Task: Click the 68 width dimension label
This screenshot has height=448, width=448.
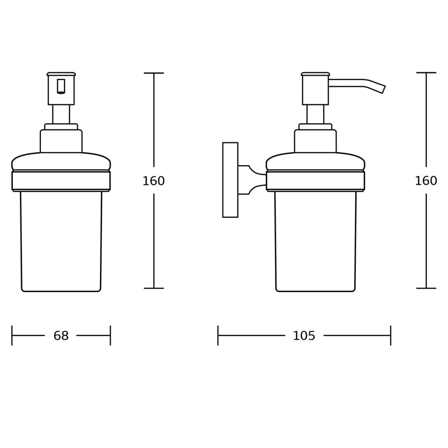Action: point(61,336)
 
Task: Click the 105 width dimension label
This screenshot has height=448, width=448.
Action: point(304,336)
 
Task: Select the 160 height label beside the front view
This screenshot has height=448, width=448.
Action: point(153,181)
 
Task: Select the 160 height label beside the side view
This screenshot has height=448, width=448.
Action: point(426,181)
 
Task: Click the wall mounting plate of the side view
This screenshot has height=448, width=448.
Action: point(230,180)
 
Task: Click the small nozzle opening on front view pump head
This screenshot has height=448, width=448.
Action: point(61,86)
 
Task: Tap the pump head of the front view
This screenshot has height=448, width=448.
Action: point(61,90)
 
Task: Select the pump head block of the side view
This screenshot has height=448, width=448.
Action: point(315,90)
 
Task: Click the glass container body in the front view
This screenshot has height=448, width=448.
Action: point(61,240)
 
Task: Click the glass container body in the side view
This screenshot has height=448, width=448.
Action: point(315,240)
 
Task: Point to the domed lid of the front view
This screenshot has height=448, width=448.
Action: point(61,161)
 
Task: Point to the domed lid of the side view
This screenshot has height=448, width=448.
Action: point(315,161)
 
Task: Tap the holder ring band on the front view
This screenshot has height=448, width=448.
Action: point(61,180)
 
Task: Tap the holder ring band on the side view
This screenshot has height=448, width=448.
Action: point(315,180)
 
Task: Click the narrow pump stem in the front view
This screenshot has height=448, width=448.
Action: point(61,114)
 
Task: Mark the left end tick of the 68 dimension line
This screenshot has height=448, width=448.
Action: point(12,335)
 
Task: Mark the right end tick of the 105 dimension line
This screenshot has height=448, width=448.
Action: point(391,335)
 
